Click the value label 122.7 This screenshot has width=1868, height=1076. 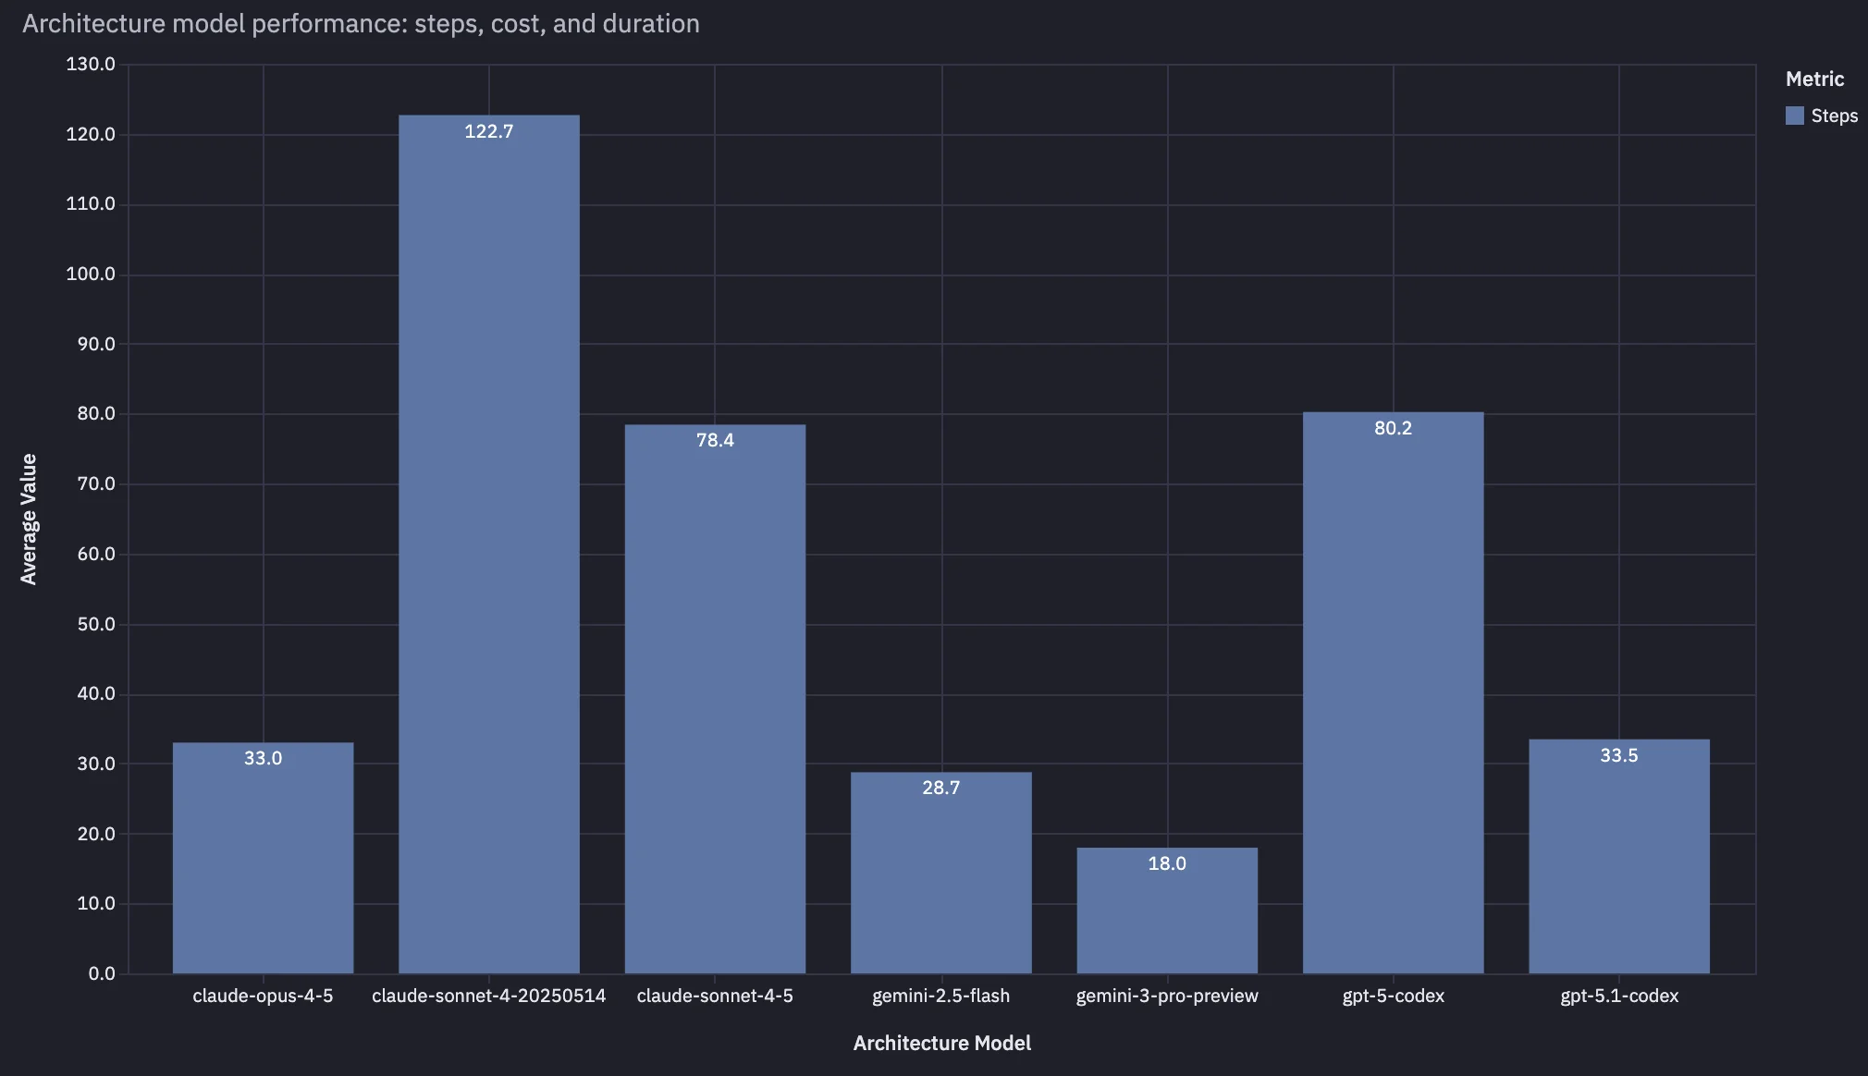(x=489, y=131)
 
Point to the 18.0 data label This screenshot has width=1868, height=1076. (x=1167, y=863)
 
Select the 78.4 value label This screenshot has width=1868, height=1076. (x=715, y=440)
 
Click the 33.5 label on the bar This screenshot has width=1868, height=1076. (x=1618, y=755)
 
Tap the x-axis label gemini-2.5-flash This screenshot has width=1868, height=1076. (x=940, y=996)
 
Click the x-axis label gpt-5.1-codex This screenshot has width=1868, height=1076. (x=1618, y=996)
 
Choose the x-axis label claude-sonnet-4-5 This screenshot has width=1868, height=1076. (x=715, y=996)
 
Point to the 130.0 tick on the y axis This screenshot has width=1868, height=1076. (x=91, y=64)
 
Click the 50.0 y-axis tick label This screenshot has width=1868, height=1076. (x=96, y=624)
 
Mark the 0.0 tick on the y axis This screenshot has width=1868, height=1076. (x=102, y=973)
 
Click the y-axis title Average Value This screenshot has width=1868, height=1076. (x=29, y=519)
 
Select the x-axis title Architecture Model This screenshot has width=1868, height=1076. (x=941, y=1043)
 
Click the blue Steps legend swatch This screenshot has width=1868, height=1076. (x=1794, y=116)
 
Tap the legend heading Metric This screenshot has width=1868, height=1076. (x=1814, y=79)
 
